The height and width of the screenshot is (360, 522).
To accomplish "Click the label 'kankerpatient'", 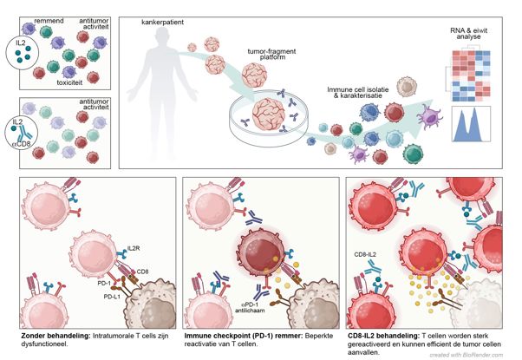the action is tap(162, 23).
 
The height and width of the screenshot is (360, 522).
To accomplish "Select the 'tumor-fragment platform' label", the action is tap(271, 54).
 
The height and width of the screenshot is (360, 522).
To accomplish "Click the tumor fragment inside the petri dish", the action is tap(268, 115).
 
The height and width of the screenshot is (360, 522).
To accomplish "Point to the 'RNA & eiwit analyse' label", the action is tap(469, 33).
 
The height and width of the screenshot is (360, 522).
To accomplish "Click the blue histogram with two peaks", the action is tap(471, 124).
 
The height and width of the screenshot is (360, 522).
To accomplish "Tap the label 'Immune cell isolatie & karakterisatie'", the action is tap(357, 93).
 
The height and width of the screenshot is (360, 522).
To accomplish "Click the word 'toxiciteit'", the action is tap(69, 82).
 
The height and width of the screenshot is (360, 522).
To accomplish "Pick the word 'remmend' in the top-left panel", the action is tap(49, 21).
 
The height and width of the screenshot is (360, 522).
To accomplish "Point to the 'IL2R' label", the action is tap(134, 248).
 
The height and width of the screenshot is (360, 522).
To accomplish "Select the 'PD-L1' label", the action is tap(112, 297).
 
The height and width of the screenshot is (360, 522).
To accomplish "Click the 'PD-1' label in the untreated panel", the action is tap(104, 283).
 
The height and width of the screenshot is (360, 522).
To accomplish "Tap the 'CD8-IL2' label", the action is tap(365, 255).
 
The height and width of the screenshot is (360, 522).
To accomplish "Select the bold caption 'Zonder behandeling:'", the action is tap(55, 336).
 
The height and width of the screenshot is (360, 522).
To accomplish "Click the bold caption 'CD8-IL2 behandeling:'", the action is tap(383, 336).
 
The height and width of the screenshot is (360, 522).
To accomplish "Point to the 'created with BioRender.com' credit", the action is tap(467, 355).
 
